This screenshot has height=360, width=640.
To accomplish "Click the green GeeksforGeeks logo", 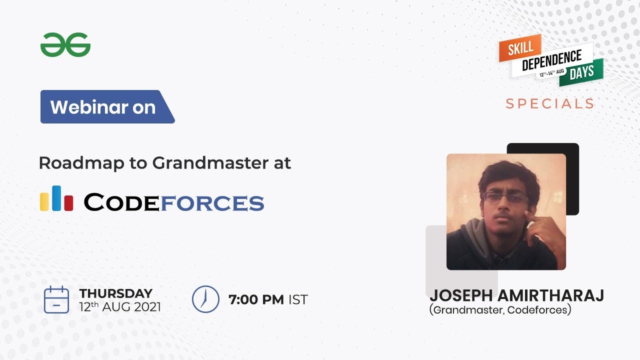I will (65, 45).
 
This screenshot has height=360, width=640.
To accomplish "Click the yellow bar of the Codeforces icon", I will (44, 201).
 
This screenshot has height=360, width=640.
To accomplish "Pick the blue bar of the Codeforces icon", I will (56, 198).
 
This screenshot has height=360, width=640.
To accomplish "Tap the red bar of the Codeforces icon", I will (69, 202).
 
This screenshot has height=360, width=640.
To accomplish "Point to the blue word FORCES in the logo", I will (211, 202).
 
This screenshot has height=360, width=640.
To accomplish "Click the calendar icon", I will (56, 299).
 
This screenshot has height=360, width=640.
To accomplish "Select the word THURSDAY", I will (115, 293).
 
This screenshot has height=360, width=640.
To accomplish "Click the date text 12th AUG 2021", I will (120, 306).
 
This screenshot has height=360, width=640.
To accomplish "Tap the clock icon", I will (205, 299).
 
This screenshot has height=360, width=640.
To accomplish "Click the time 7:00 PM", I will (256, 299).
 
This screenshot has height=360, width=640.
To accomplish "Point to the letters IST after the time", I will (298, 299).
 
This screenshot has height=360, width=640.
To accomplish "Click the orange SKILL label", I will (520, 48).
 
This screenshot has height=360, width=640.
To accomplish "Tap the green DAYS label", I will (581, 72).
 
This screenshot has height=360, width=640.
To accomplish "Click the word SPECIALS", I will (549, 104).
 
